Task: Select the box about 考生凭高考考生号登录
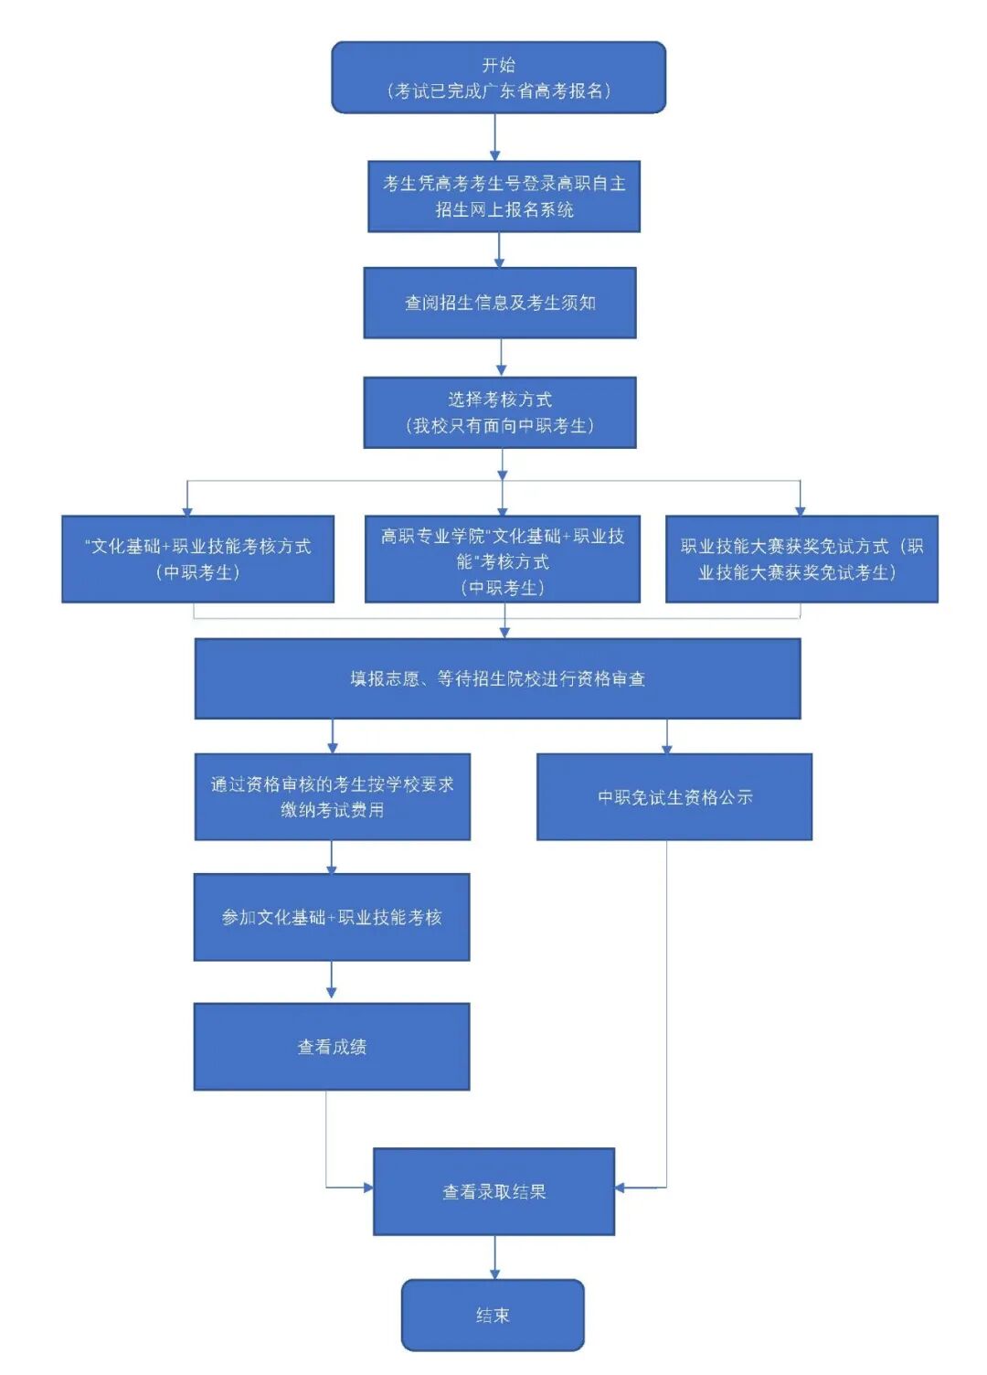[x=504, y=197]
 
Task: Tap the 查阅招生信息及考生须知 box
[x=500, y=303]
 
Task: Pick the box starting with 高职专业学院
[x=502, y=560]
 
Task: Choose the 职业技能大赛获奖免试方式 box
[x=801, y=559]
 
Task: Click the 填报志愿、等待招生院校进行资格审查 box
[x=497, y=678]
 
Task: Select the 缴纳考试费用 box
[x=332, y=796]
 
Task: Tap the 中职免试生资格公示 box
[x=674, y=796]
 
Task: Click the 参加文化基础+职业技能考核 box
[x=332, y=917]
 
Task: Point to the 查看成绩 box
[x=332, y=1047]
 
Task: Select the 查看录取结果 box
[x=493, y=1191]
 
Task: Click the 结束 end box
[x=493, y=1315]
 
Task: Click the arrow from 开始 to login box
[x=495, y=138]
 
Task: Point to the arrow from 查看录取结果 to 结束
[x=494, y=1258]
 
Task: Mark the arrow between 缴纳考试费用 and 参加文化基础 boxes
[x=332, y=858]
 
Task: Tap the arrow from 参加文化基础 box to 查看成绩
[x=331, y=981]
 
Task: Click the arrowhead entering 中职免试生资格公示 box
[x=666, y=748]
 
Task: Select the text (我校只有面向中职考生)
[x=500, y=426]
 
